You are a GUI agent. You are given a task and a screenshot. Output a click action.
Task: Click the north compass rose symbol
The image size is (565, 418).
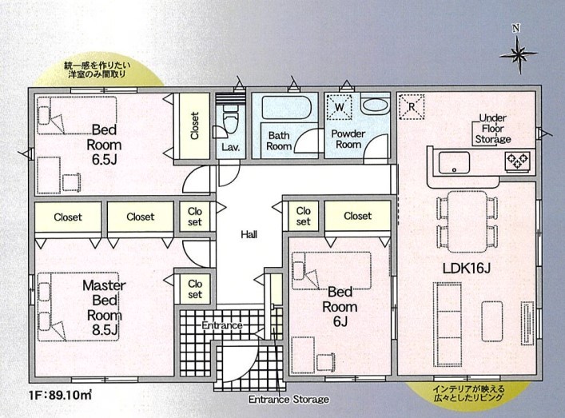pyautogui.click(x=518, y=54)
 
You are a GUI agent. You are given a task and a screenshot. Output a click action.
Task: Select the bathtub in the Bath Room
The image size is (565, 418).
pyautogui.click(x=286, y=107)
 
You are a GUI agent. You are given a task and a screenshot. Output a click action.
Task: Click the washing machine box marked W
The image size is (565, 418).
pyautogui.click(x=339, y=107)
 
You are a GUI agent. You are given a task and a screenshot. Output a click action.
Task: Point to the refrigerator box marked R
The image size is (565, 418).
pyautogui.click(x=412, y=106)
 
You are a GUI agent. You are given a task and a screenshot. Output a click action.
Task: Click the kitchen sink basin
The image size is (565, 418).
pyautogui.click(x=454, y=162)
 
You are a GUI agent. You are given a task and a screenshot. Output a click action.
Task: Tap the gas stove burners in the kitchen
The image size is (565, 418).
pyautogui.click(x=517, y=161)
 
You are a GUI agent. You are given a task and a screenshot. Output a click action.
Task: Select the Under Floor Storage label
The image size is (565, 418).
pyautogui.click(x=492, y=129)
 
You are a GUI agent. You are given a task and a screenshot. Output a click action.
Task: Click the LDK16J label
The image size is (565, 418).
pyautogui.click(x=466, y=268)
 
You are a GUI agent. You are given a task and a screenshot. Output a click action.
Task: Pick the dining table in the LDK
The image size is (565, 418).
pyautogui.click(x=468, y=221)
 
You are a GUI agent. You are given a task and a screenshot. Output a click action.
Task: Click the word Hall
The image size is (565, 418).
pyautogui.click(x=249, y=235)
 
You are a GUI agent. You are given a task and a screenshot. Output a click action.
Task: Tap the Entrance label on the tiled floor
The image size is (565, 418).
pyautogui.click(x=221, y=325)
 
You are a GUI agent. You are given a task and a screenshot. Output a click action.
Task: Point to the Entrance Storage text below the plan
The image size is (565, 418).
pyautogui.click(x=288, y=400)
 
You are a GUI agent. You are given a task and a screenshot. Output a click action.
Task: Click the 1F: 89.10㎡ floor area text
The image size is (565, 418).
pyautogui.click(x=60, y=395)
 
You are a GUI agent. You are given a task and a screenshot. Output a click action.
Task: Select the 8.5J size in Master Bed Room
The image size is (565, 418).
pyautogui.click(x=105, y=330)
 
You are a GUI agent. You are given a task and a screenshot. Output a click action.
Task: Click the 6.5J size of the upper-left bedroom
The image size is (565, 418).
pyautogui.click(x=104, y=160)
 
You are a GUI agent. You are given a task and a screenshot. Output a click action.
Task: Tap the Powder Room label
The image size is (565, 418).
pyautogui.click(x=348, y=139)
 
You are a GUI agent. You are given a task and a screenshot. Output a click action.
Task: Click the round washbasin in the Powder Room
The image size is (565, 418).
pyautogui.click(x=375, y=105)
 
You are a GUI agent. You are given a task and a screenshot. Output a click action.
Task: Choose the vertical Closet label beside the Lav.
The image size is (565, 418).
pyautogui.click(x=194, y=125)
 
